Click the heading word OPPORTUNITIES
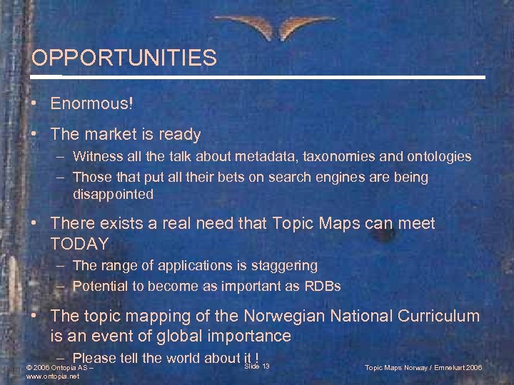click(x=124, y=58)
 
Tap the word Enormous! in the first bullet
click(x=91, y=103)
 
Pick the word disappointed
click(x=113, y=194)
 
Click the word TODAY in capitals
click(x=79, y=244)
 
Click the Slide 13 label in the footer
click(x=257, y=366)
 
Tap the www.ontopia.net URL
click(x=51, y=376)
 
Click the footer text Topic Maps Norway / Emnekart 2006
click(x=423, y=368)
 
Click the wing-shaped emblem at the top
click(x=258, y=27)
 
